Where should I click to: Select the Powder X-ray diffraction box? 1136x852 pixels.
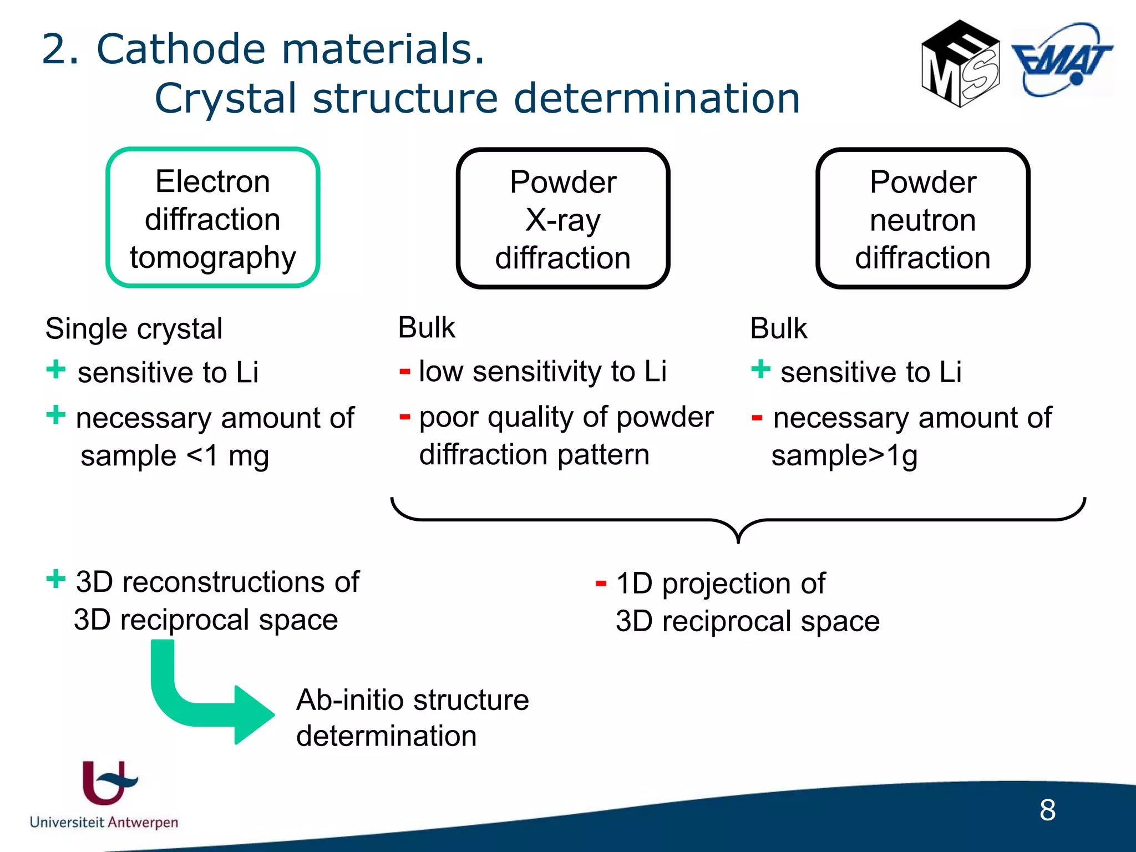pyautogui.click(x=562, y=219)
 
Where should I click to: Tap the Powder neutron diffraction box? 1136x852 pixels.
pyautogui.click(x=922, y=219)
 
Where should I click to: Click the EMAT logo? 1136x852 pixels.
pyautogui.click(x=1062, y=60)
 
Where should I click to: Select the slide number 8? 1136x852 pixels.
pyautogui.click(x=1047, y=810)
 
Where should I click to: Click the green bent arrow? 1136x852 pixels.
pyautogui.click(x=205, y=699)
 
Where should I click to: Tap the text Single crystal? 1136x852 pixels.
pyautogui.click(x=134, y=328)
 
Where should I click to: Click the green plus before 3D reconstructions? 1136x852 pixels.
pyautogui.click(x=55, y=579)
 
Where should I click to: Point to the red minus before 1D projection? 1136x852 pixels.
pyautogui.click(x=600, y=583)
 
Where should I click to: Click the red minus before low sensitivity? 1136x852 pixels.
pyautogui.click(x=404, y=371)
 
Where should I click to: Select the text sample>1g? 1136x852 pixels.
pyautogui.click(x=844, y=456)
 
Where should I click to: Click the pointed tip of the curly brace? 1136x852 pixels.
pyautogui.click(x=738, y=541)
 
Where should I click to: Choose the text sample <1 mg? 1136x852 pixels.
pyautogui.click(x=174, y=456)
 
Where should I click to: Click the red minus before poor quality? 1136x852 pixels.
pyautogui.click(x=404, y=417)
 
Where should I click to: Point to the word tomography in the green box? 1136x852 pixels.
pyautogui.click(x=212, y=257)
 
